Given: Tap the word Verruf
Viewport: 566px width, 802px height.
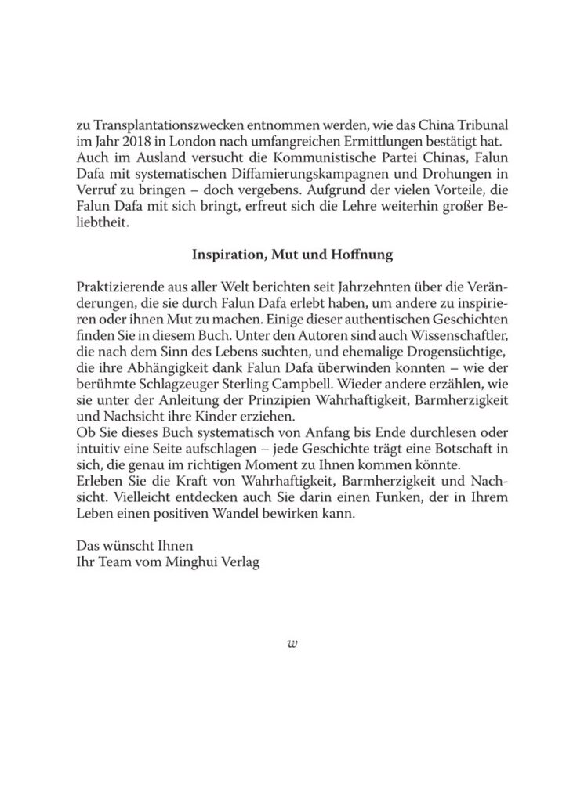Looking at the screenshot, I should click(96, 190).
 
